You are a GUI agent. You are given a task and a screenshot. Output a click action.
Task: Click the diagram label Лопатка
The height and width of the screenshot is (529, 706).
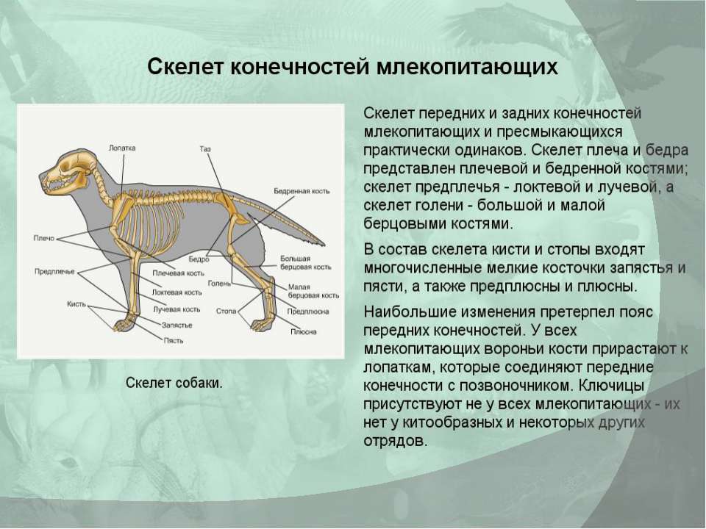click(x=122, y=148)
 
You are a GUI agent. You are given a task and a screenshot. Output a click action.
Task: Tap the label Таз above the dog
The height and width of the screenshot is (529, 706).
click(x=205, y=148)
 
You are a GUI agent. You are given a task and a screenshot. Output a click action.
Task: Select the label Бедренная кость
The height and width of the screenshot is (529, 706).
click(x=302, y=191)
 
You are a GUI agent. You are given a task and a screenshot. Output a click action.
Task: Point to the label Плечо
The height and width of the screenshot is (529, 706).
click(x=43, y=238)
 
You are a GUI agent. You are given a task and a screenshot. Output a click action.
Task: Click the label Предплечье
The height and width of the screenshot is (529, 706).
click(x=54, y=271)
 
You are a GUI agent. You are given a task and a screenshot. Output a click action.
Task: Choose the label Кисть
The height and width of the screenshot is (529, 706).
click(x=76, y=304)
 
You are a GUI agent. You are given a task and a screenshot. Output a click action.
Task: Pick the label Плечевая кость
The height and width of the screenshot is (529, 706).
click(x=178, y=273)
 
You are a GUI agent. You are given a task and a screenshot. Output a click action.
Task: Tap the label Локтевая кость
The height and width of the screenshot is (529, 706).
click(x=177, y=292)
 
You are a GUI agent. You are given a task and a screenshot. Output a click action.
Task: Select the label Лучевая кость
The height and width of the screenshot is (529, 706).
click(x=176, y=309)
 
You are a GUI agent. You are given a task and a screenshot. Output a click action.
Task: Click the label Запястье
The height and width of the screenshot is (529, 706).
click(x=177, y=325)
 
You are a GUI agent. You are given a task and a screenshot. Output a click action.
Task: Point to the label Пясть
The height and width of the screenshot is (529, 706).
click(x=174, y=340)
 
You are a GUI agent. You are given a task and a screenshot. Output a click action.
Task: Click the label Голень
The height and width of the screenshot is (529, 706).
click(x=219, y=284)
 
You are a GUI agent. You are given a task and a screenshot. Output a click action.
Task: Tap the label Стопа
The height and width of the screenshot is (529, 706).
click(x=226, y=311)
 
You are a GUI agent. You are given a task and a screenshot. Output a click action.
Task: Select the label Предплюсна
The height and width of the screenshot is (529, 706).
click(x=308, y=312)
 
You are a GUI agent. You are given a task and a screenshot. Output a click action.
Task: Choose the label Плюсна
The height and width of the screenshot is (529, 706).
click(x=304, y=331)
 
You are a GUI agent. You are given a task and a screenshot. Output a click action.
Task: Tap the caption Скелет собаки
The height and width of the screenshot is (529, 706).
click(x=174, y=383)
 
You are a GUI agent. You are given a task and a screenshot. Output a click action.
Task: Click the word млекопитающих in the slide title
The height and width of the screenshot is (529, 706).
click(x=467, y=67)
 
